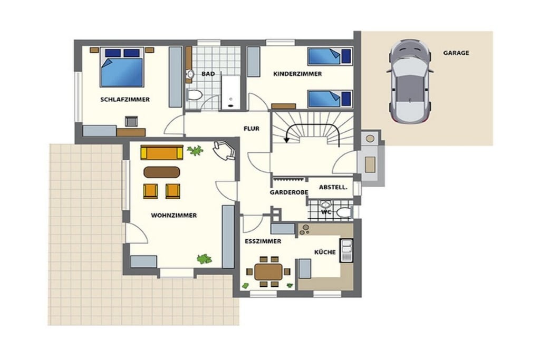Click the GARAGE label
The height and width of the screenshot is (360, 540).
click(456, 53)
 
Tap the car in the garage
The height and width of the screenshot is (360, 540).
click(409, 82)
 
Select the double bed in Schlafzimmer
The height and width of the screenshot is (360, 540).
click(122, 67)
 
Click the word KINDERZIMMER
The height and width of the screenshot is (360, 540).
click(297, 74)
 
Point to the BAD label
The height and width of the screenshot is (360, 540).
click(208, 74)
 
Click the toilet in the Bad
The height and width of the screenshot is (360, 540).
click(194, 95)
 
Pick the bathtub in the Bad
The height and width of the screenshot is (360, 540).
click(230, 92)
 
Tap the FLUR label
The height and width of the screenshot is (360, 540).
click(252, 129)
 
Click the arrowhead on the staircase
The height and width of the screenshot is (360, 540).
click(286, 140)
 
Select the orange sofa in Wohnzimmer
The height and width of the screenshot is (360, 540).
click(161, 152)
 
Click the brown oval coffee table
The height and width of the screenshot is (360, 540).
click(161, 172)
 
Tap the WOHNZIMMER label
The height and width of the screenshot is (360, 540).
click(174, 216)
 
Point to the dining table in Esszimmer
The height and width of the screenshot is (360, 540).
click(268, 272)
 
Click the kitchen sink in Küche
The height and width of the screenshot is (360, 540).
click(346, 250)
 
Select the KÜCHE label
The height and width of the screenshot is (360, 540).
click(325, 252)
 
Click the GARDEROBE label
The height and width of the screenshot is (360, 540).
click(289, 192)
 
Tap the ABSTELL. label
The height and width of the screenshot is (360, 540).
click(333, 187)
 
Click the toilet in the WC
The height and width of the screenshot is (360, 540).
click(344, 212)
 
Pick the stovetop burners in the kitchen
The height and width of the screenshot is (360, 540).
click(304, 230)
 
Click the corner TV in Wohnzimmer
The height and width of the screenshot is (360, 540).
click(224, 150)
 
